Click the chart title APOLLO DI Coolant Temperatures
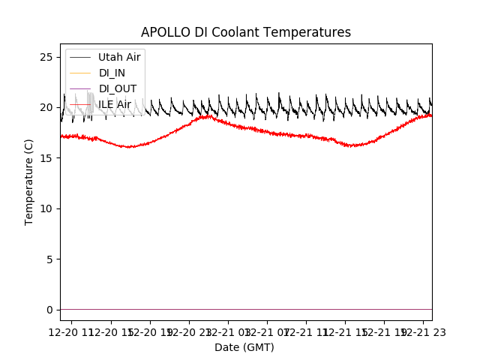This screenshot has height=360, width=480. (246, 32)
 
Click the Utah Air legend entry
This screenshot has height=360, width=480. (119, 57)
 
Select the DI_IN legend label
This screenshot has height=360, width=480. (112, 73)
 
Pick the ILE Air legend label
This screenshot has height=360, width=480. (115, 104)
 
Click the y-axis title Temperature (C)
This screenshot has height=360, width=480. (29, 181)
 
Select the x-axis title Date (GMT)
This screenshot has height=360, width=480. (244, 347)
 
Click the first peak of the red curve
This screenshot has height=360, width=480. (205, 116)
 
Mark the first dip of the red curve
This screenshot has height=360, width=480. (130, 147)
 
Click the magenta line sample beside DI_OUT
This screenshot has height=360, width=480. (80, 88)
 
